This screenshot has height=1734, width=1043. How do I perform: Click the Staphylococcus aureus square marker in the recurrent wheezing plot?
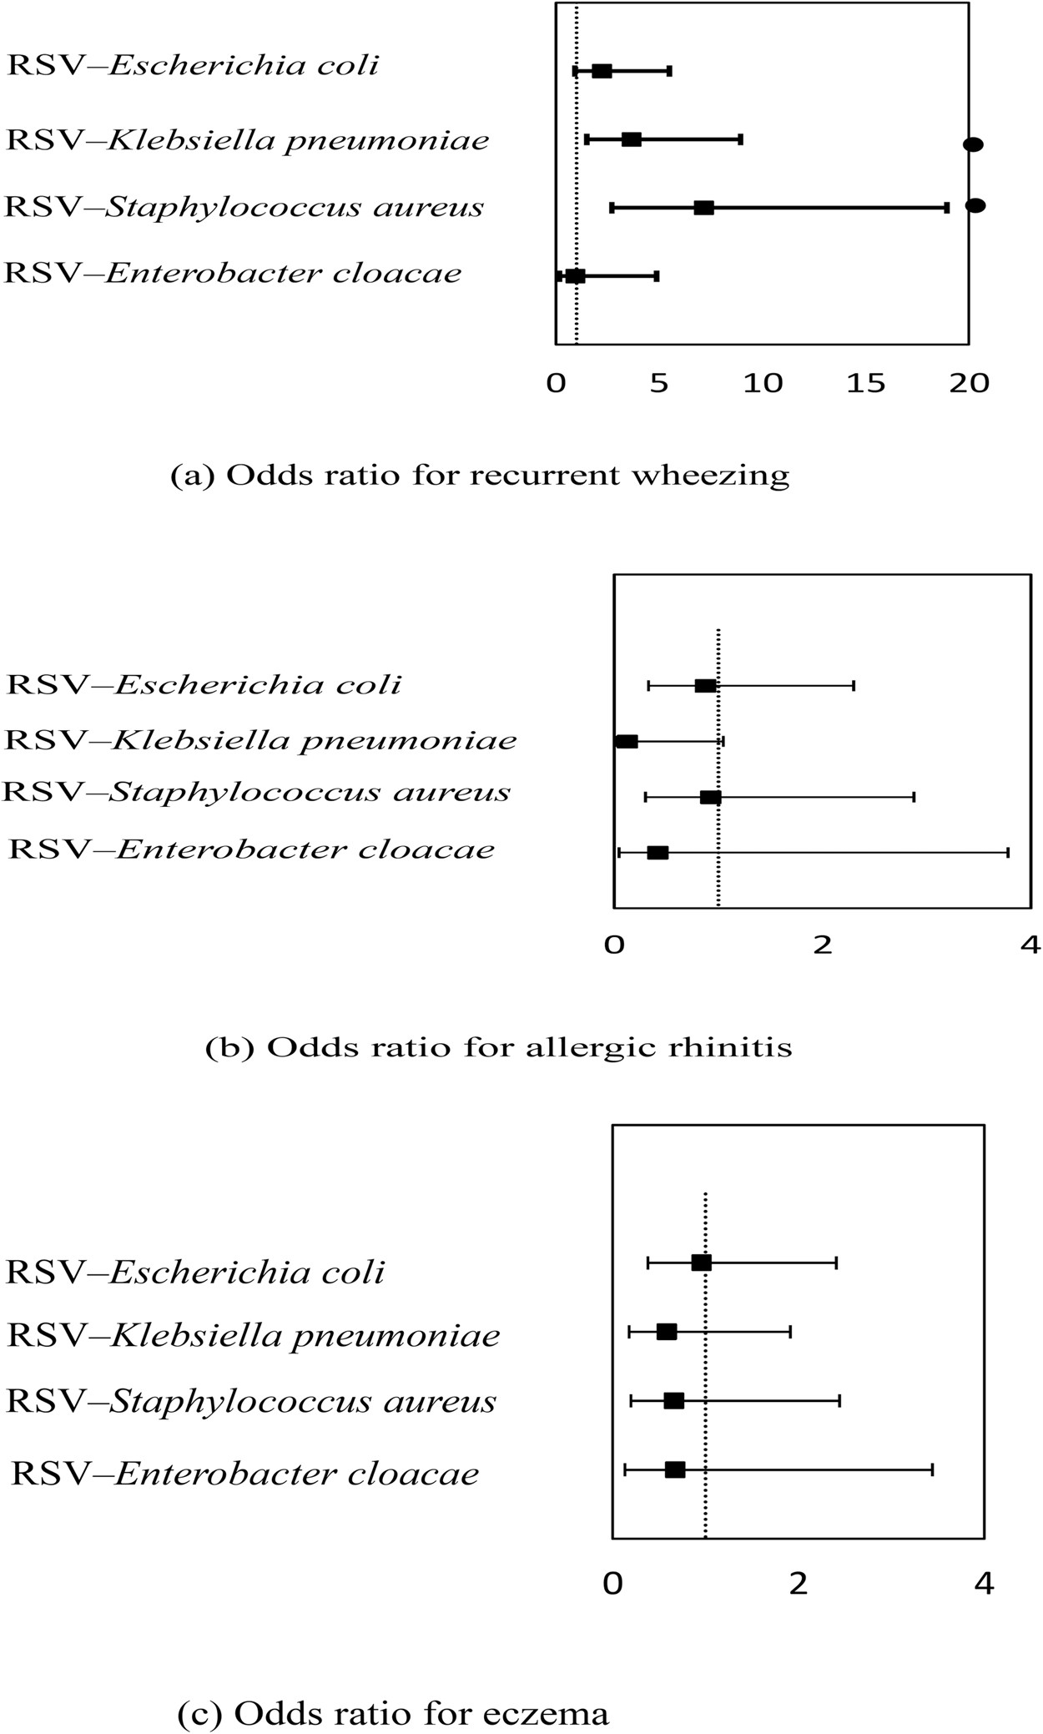(x=703, y=208)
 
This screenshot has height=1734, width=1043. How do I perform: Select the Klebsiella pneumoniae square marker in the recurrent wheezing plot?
(x=632, y=139)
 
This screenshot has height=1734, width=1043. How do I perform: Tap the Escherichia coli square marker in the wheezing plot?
(x=602, y=71)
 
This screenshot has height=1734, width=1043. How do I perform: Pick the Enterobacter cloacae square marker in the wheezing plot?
(x=575, y=276)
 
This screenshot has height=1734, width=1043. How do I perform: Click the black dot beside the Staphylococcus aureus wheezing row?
(x=975, y=205)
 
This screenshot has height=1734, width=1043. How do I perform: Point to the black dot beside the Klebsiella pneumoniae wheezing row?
(x=973, y=144)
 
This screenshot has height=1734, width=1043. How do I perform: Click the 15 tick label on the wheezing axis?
(x=865, y=383)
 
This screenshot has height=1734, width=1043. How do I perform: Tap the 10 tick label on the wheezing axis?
(x=763, y=383)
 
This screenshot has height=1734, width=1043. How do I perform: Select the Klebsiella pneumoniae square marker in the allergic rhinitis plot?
(x=627, y=741)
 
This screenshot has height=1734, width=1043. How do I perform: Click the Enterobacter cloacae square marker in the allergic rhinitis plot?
(x=658, y=852)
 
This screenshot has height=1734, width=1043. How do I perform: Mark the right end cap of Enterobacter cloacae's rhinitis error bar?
(x=1008, y=852)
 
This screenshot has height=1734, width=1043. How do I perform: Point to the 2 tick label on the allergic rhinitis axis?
(x=823, y=945)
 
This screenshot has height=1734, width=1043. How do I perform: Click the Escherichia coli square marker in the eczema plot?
(x=701, y=1263)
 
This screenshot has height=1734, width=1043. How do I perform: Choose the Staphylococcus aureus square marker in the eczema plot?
(x=673, y=1400)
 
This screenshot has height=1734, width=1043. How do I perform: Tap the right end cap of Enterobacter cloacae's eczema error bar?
(x=932, y=1469)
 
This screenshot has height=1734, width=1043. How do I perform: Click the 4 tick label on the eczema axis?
(x=985, y=1584)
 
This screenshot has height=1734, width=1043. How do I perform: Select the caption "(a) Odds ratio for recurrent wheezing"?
(x=480, y=476)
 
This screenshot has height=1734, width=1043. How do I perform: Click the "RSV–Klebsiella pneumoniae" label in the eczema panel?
(x=253, y=1336)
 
